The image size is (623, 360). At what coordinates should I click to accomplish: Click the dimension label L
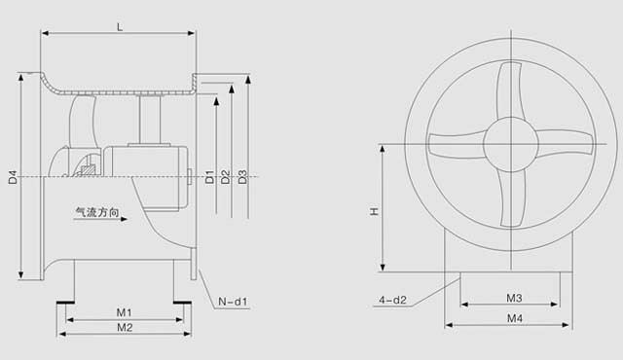(120, 27)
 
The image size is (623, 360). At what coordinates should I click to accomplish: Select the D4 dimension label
(13, 177)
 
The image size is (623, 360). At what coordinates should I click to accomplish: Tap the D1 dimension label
(209, 177)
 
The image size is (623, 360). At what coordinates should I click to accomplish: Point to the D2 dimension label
(226, 177)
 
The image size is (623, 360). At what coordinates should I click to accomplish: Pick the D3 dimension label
(242, 177)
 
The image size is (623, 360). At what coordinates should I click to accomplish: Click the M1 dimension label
(124, 312)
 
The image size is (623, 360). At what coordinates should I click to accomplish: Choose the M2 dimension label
(125, 328)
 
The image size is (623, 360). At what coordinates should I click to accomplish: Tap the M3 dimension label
(514, 298)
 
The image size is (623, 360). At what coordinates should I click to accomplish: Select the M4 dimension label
(515, 318)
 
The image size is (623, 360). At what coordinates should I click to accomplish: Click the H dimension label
(374, 211)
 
